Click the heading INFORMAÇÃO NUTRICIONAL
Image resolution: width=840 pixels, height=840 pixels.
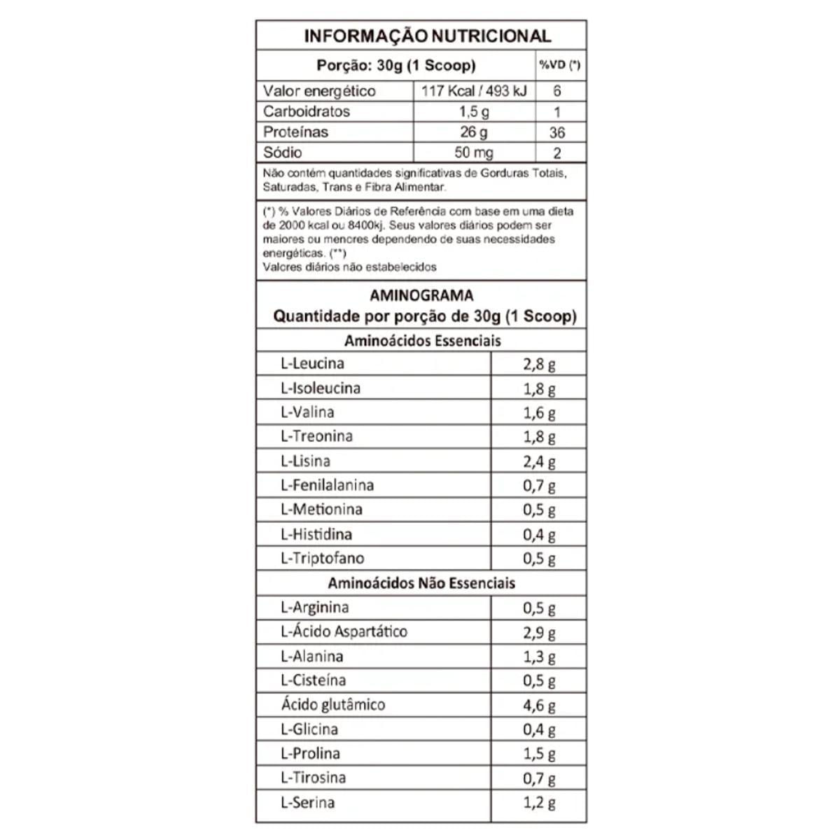pyautogui.click(x=427, y=36)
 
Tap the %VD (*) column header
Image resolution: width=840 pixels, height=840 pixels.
pyautogui.click(x=559, y=65)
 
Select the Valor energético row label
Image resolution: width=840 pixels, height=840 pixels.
pyautogui.click(x=319, y=91)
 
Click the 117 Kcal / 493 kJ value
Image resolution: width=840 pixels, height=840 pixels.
pyautogui.click(x=474, y=91)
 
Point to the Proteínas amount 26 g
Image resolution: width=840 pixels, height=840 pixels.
pyautogui.click(x=474, y=132)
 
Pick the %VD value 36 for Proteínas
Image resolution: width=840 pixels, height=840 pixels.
pyautogui.click(x=557, y=132)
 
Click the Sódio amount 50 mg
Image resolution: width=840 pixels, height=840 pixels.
pyautogui.click(x=474, y=153)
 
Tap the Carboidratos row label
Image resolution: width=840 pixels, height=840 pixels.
pyautogui.click(x=306, y=111)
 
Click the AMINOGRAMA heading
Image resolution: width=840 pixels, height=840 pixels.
pyautogui.click(x=421, y=295)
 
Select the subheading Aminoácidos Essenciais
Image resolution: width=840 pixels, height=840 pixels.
pyautogui.click(x=423, y=341)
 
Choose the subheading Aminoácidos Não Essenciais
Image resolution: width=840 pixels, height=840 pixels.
pyautogui.click(x=421, y=583)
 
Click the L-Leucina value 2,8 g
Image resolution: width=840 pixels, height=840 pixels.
pyautogui.click(x=539, y=364)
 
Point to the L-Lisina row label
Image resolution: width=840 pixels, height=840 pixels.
pyautogui.click(x=305, y=461)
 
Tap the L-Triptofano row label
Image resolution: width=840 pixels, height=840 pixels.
pyautogui.click(x=322, y=559)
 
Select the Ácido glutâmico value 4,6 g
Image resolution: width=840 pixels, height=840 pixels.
pyautogui.click(x=539, y=705)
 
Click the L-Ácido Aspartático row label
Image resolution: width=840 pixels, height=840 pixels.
pyautogui.click(x=344, y=631)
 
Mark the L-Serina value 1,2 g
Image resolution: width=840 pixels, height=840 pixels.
pyautogui.click(x=539, y=803)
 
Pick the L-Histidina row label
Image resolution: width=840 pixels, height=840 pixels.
pyautogui.click(x=316, y=535)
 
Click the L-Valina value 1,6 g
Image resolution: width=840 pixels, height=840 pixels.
pyautogui.click(x=539, y=413)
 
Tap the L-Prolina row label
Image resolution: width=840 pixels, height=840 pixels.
pyautogui.click(x=310, y=754)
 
